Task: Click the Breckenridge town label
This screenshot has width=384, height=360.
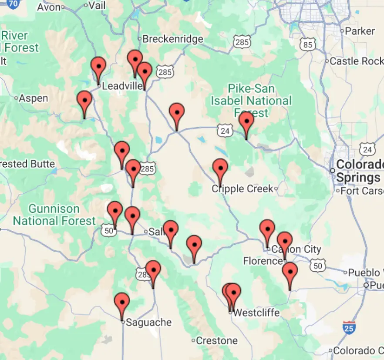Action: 173,39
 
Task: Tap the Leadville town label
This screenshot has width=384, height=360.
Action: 122,86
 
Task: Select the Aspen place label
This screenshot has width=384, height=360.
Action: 34,98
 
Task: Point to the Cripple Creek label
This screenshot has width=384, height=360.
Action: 243,189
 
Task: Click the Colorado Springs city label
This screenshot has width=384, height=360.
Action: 359,171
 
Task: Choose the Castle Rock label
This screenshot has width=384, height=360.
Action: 356,61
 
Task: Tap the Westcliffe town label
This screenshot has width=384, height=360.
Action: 256,313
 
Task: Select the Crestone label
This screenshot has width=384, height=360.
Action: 217,340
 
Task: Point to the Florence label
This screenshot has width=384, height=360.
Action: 263,261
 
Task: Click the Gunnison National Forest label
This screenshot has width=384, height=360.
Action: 54,215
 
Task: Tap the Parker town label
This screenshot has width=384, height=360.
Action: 360,31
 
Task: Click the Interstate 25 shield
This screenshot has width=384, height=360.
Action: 349,327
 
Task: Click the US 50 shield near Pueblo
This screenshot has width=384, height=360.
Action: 319,265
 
